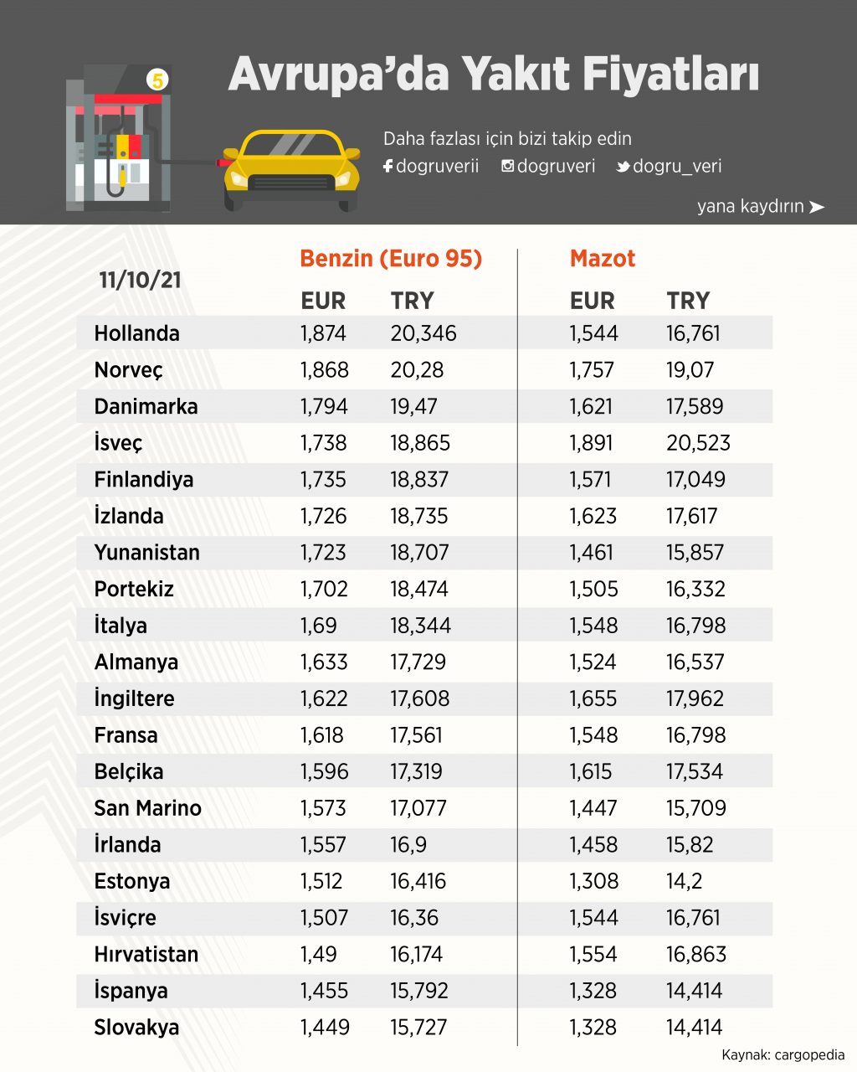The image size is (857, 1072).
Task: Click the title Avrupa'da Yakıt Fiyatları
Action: pos(493,74)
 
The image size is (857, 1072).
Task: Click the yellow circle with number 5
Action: pos(157,80)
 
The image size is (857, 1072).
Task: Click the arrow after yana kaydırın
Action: pos(817,207)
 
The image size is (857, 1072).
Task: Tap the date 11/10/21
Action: pos(140,280)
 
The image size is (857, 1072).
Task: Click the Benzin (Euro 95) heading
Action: pos(391,258)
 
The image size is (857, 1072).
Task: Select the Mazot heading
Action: pos(603,258)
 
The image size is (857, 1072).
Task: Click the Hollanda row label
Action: pos(136,333)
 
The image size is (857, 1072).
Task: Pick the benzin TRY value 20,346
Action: pos(423,333)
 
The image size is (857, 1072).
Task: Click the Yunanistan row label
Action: pos(146,553)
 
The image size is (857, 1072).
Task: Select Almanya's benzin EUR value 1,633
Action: pos(323,662)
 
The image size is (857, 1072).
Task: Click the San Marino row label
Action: pos(147,808)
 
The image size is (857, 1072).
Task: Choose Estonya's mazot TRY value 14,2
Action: pos(684,881)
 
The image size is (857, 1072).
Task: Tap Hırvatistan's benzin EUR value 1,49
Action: pos(319,955)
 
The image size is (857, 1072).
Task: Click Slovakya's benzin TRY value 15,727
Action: pos(418,1028)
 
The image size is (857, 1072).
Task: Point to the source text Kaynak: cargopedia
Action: pos(783,1054)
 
